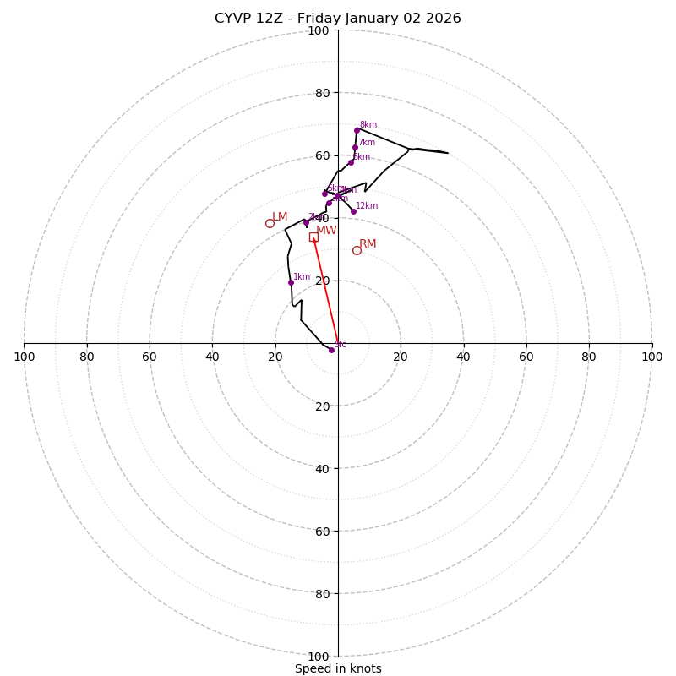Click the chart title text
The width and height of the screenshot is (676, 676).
point(338,19)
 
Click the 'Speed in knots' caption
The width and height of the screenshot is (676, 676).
point(338,668)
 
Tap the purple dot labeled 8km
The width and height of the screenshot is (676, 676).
point(357,130)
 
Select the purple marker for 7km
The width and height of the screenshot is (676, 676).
point(355,148)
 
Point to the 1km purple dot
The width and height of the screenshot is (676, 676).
point(291,282)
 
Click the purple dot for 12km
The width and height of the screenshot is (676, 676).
point(353,211)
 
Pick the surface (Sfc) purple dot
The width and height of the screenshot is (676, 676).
point(331,350)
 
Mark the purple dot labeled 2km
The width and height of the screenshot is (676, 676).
point(306,223)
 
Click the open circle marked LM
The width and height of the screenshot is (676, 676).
point(270,224)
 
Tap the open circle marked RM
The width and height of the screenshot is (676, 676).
point(357,250)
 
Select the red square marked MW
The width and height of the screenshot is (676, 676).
point(313,237)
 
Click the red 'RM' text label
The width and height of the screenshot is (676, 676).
point(368,244)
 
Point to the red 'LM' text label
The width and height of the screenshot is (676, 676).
point(280,217)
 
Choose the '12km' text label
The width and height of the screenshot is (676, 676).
point(367,206)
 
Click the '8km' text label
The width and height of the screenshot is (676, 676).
point(368,125)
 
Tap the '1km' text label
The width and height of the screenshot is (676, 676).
point(302,277)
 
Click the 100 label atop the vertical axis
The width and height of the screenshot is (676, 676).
point(319,31)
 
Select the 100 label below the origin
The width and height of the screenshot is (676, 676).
point(319,657)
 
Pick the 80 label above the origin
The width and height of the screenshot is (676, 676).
point(322,94)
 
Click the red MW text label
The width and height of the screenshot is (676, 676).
point(326,231)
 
